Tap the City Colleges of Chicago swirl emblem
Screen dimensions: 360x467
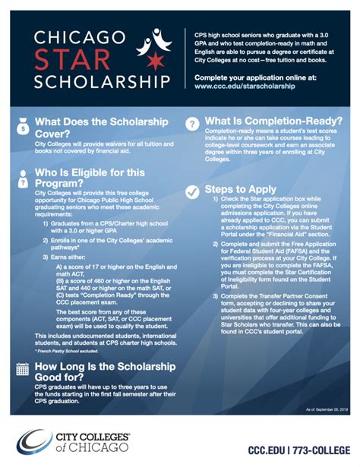(35, 441)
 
